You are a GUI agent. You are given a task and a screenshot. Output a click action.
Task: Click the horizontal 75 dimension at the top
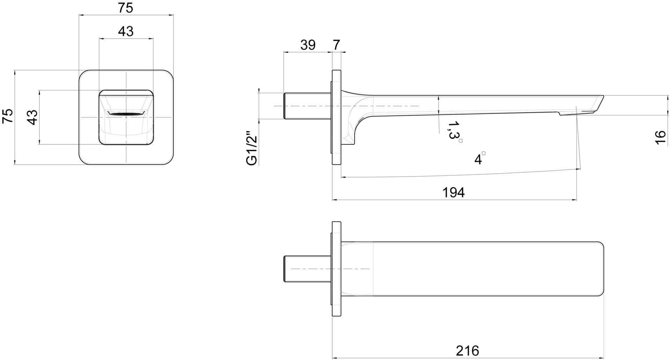[x=126, y=8]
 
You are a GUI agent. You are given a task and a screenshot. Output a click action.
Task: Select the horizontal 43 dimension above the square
[x=126, y=31]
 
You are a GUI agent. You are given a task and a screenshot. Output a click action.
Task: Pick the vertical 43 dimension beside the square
[x=32, y=117]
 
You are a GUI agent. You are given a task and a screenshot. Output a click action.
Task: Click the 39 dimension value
[x=308, y=45]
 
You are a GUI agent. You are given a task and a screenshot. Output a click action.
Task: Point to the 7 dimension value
[x=336, y=45]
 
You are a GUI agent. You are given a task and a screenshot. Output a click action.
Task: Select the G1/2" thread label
[x=252, y=148]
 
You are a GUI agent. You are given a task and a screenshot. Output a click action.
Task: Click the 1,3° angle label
[x=455, y=131]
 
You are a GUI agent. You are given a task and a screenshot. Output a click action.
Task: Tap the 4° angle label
[x=479, y=159]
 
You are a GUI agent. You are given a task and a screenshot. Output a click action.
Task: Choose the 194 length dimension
[x=454, y=193]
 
